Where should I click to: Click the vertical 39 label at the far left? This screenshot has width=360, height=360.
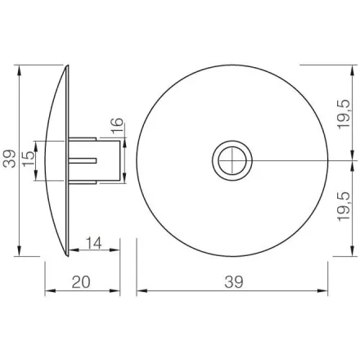point(9,159)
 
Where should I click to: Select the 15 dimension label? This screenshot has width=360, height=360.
point(29,159)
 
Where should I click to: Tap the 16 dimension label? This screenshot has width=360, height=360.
point(117,126)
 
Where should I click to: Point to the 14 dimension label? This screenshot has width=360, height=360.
point(94,243)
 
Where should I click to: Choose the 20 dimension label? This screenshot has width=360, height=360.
point(81,282)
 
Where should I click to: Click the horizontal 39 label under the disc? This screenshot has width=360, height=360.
point(234,282)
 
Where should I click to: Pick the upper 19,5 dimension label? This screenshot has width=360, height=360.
point(344,114)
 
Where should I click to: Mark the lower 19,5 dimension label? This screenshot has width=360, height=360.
point(344,206)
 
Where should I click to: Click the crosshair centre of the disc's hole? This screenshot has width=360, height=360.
point(232,160)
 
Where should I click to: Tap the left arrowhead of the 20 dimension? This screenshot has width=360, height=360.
point(49,290)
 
